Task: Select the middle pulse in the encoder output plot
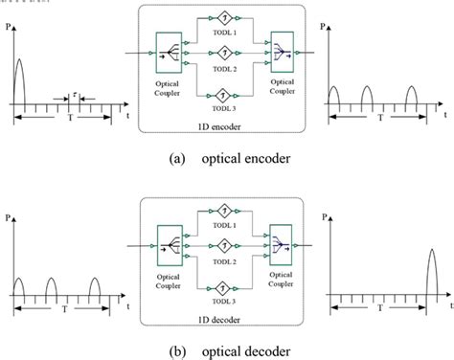tap(368, 95)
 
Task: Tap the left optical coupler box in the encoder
tap(169, 52)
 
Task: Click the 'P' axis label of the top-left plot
tap(8, 29)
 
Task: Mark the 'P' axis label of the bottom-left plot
tap(8, 219)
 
